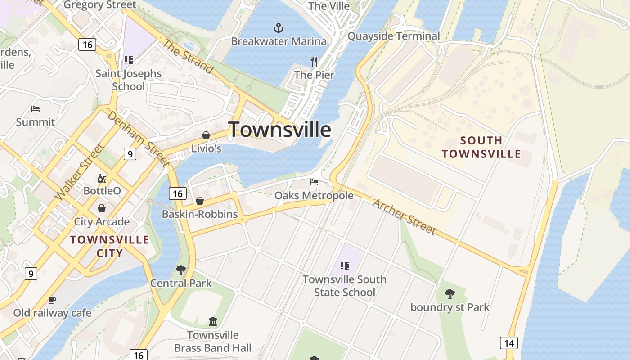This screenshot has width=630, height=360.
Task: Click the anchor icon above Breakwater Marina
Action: click(279, 28)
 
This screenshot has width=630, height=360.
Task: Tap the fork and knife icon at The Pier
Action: click(314, 61)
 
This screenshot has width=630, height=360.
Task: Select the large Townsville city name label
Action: click(279, 130)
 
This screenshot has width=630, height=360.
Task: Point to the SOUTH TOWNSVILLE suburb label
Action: click(481, 147)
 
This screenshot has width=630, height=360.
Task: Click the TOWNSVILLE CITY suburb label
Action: click(110, 246)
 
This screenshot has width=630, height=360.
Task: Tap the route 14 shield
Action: click(508, 343)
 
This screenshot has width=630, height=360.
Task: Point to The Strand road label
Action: click(187, 56)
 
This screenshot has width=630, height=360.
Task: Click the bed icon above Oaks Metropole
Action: click(314, 182)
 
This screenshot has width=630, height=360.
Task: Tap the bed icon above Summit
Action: click(36, 109)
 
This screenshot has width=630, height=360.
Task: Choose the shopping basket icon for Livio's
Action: click(206, 135)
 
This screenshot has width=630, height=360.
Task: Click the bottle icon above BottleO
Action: click(102, 179)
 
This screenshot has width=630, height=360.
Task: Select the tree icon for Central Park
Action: click(181, 270)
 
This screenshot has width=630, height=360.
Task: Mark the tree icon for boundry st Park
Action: click(450, 294)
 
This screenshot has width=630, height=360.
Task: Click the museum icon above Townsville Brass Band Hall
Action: click(213, 322)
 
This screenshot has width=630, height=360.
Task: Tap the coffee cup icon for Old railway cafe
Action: click(52, 300)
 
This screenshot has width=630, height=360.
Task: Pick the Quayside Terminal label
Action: click(394, 36)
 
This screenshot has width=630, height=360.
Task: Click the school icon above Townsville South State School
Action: click(345, 266)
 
